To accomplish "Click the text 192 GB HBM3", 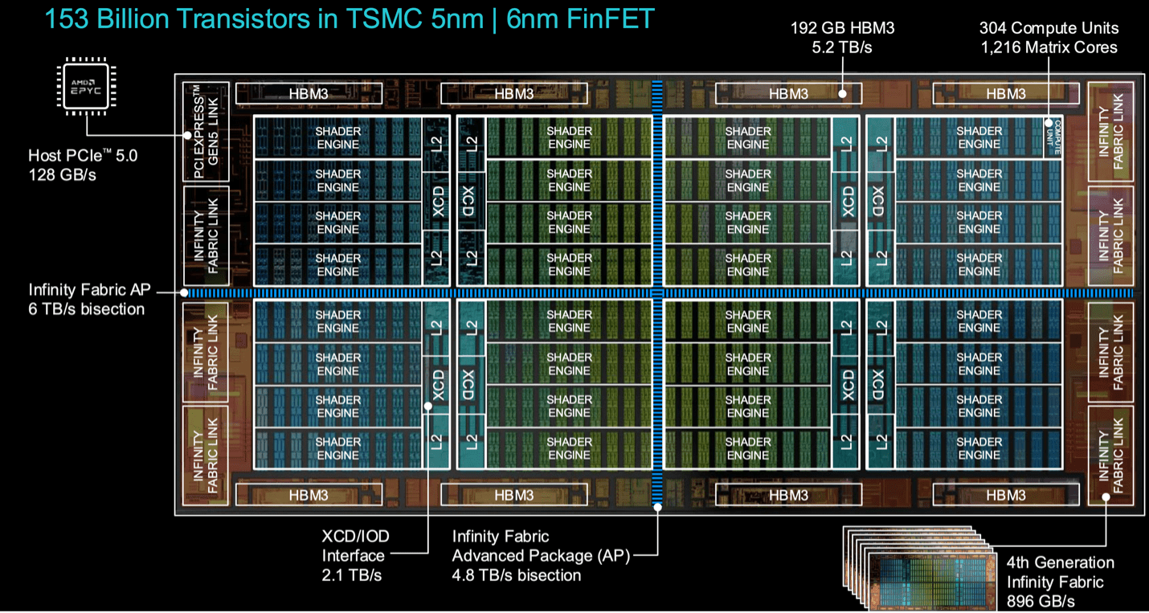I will pos(842,29).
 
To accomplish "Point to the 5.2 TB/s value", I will pos(842,48).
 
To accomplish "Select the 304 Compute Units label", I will pos(1048,28).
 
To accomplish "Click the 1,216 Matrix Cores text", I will pos(1049,48).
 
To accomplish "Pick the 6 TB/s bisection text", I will pos(87,309).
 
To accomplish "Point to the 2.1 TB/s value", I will pos(352,575).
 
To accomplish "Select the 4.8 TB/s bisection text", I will pos(516,575).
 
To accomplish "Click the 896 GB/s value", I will pos(1041,602).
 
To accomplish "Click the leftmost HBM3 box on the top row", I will pos(309,93).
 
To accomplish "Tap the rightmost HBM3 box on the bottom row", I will pos(1006,495).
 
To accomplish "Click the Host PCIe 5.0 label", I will pos(83,155).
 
